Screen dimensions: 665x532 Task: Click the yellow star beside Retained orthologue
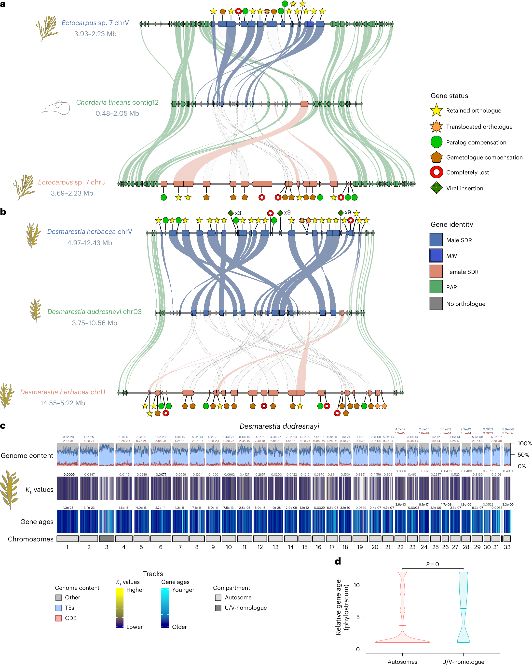(436, 110)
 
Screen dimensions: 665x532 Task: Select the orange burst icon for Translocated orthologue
(436, 127)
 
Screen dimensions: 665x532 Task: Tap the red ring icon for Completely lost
(436, 172)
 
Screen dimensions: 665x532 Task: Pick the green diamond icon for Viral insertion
(436, 188)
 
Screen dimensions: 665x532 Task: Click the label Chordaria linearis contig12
(117, 102)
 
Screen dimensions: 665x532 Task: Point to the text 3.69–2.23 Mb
(72, 193)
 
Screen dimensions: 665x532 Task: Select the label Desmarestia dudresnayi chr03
(94, 311)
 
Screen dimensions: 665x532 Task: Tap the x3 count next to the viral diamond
(238, 213)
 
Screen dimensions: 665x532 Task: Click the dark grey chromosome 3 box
(107, 539)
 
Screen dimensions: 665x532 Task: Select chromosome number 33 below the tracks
(507, 547)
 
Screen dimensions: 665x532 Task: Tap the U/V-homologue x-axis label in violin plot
(463, 662)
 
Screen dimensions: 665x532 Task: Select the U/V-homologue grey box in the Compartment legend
(218, 608)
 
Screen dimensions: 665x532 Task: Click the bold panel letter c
(3, 426)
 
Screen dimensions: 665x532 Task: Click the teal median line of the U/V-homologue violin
(463, 608)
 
